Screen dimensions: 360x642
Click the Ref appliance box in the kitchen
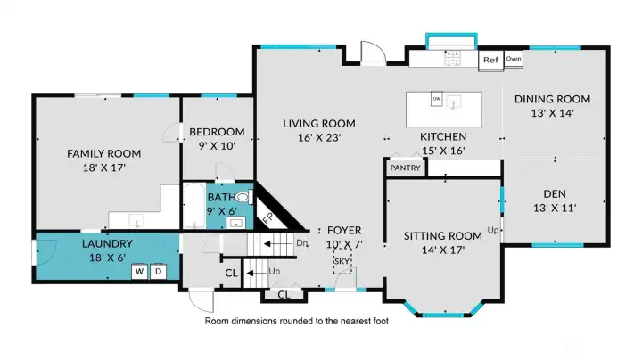click(x=490, y=61)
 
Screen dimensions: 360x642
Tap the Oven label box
click(x=514, y=60)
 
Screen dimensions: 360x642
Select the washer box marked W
click(x=140, y=272)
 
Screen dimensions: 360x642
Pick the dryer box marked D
click(x=157, y=272)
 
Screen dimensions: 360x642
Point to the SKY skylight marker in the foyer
click(x=342, y=261)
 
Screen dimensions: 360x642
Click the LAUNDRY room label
click(x=107, y=243)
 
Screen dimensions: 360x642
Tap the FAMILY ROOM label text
click(x=104, y=153)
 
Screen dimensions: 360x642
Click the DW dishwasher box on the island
click(x=437, y=99)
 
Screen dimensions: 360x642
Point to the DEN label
click(x=554, y=193)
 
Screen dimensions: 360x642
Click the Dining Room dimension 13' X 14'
click(x=553, y=113)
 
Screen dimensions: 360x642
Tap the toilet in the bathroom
click(x=241, y=198)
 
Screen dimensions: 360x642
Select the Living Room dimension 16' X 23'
click(x=318, y=137)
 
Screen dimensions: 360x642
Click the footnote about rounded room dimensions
click(x=297, y=321)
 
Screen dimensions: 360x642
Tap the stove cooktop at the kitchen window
click(x=452, y=57)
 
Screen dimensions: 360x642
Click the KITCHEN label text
click(x=443, y=136)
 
